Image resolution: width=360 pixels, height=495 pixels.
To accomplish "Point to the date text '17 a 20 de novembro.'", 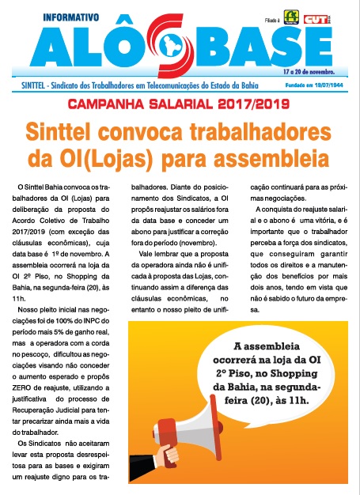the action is [x=308, y=71].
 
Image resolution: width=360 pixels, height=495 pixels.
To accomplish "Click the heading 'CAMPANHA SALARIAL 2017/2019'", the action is [x=180, y=104].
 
